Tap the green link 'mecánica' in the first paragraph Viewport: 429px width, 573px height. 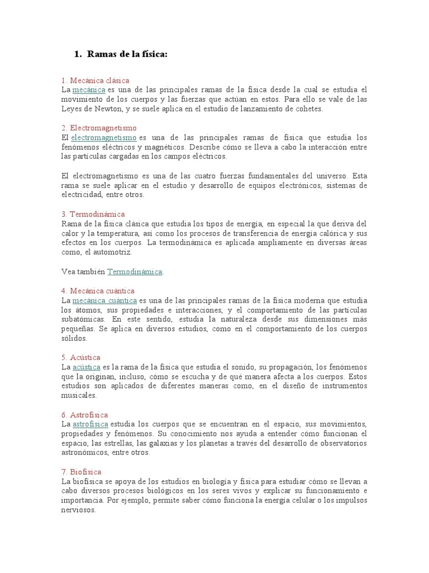click(x=88, y=90)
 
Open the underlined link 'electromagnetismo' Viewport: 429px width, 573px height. click(x=103, y=138)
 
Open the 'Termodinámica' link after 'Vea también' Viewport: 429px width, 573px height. click(x=135, y=272)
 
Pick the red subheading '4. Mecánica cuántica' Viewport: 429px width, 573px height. click(x=98, y=291)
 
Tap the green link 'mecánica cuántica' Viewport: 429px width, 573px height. click(x=104, y=300)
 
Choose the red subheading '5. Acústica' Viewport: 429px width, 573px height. click(x=81, y=358)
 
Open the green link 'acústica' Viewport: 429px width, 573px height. click(x=86, y=367)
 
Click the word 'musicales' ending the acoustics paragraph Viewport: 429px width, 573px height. click(x=79, y=395)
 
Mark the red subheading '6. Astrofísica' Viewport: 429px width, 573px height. click(x=84, y=415)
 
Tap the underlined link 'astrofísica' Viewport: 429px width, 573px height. click(x=90, y=424)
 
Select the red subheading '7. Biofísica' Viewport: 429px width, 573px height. click(x=82, y=472)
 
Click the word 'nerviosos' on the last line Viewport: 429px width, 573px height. click(x=79, y=510)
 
